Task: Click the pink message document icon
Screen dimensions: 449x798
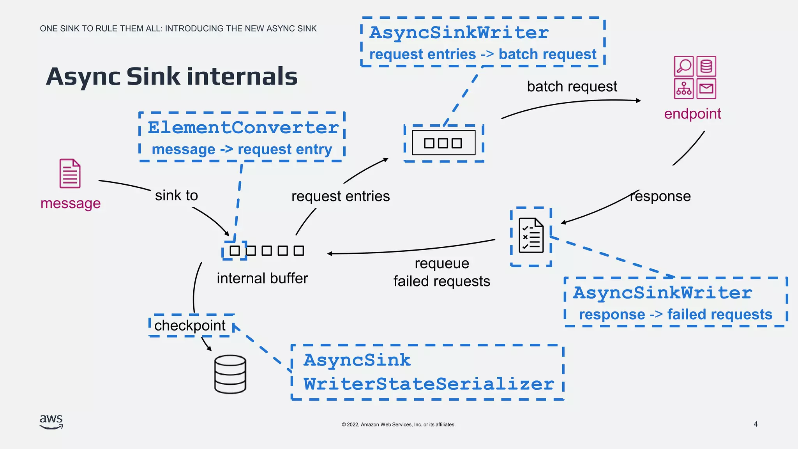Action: coord(70,173)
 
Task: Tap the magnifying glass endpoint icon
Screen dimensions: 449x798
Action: coord(683,66)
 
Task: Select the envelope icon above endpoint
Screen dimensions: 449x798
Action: coord(706,89)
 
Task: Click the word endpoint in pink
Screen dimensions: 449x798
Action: coord(692,114)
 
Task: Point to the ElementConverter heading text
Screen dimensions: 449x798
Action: coord(243,128)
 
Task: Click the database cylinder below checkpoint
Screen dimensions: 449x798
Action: coord(230,374)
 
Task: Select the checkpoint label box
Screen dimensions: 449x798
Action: coord(191,325)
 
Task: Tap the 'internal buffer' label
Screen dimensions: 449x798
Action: coord(262,278)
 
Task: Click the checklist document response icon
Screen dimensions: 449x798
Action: coord(531,235)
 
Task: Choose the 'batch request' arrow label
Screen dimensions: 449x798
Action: coord(572,87)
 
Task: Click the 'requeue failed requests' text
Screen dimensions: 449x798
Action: coord(441,272)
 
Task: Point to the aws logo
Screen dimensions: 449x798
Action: coord(51,421)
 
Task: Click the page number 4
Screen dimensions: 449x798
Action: coord(756,424)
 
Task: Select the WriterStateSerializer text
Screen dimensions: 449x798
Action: coord(429,384)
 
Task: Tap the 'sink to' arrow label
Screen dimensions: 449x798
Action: coord(177,195)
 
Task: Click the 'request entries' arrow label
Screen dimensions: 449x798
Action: coord(341,196)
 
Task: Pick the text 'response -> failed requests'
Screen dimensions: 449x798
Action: coord(675,315)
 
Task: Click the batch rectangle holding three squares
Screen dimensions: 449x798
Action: coord(443,143)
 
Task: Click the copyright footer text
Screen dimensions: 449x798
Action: coord(399,424)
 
